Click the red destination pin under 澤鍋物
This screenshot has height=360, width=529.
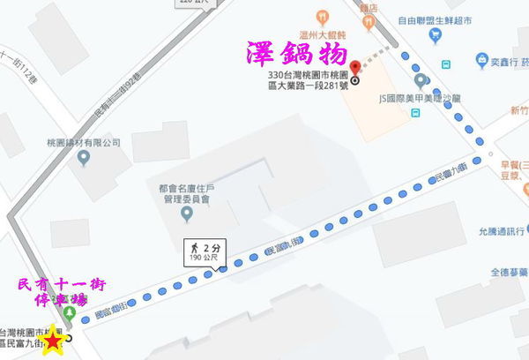[x=355, y=69]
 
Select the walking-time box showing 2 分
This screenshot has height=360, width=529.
[x=202, y=251]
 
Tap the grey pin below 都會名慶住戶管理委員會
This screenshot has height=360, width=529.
[x=186, y=214]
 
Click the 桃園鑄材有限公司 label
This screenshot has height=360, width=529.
[x=84, y=143]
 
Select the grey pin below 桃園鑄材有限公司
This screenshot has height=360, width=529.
[x=84, y=160]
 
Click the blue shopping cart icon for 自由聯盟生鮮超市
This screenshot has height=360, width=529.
[x=435, y=34]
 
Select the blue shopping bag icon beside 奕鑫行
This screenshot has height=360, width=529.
[x=482, y=59]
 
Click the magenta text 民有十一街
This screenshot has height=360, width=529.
[x=62, y=284]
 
